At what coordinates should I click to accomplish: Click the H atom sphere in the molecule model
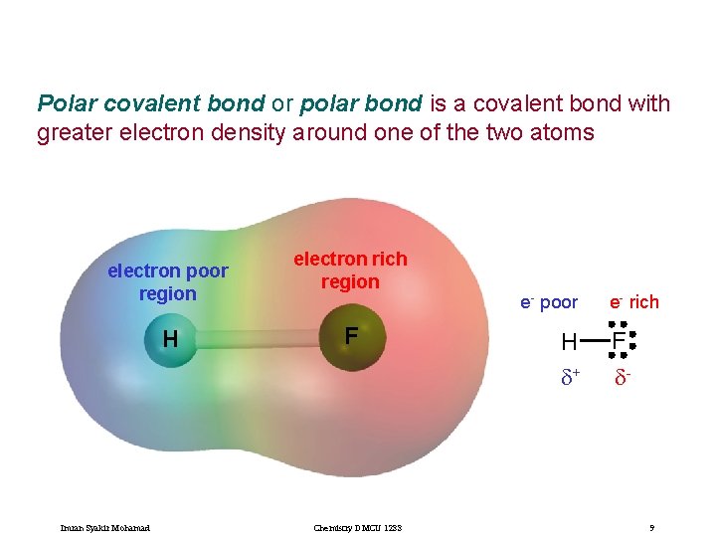[x=170, y=339]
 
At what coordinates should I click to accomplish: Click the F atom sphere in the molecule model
[x=350, y=338]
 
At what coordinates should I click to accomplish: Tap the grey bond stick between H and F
[x=259, y=338]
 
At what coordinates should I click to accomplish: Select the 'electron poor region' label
[x=168, y=282]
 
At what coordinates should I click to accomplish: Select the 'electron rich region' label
[x=350, y=270]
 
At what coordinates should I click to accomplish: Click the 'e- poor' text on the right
[x=549, y=302]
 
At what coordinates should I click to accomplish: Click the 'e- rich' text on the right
[x=634, y=302]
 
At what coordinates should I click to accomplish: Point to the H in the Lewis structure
[x=569, y=343]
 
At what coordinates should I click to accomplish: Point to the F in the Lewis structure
[x=619, y=343]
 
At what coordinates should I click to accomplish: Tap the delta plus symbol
[x=571, y=377]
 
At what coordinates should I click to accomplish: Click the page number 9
[x=651, y=527]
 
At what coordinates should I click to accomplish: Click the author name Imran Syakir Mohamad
[x=106, y=527]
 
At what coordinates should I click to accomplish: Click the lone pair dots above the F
[x=619, y=323]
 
